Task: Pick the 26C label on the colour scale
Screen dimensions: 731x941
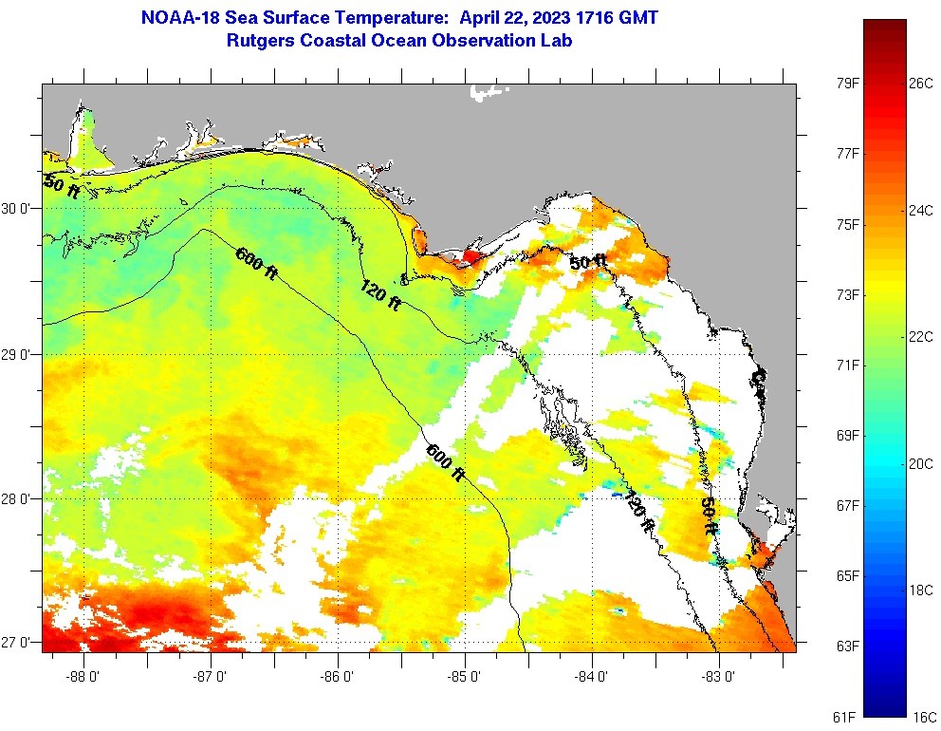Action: [920, 83]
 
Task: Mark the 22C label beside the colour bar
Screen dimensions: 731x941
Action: [920, 336]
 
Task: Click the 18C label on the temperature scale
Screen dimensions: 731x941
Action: [920, 590]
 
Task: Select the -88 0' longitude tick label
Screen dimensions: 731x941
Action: [83, 677]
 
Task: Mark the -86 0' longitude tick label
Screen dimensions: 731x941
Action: [338, 677]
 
